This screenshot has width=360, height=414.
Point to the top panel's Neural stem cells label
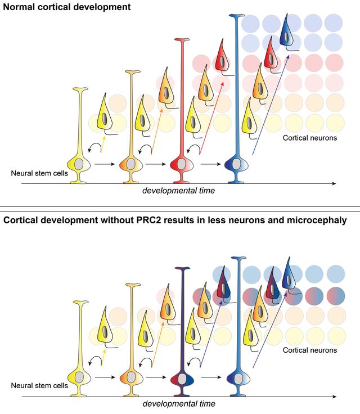click(x=40, y=173)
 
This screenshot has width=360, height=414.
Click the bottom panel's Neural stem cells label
click(x=40, y=385)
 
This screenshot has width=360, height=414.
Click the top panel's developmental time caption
click(x=178, y=190)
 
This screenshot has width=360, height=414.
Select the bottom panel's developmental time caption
click(x=178, y=403)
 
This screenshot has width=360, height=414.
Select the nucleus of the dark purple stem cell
click(x=182, y=377)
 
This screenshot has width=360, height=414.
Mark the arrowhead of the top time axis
click(x=334, y=183)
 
